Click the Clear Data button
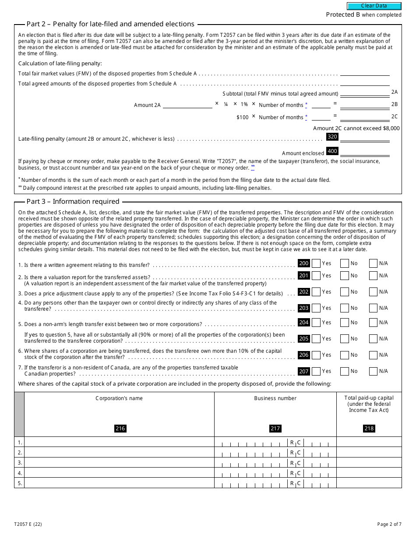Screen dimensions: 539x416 pos(374,6)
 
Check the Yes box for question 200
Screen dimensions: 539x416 pos(316,263)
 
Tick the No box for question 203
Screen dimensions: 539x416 pos(345,308)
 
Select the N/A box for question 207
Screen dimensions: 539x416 pos(373,371)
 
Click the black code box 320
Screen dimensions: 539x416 pos(332,137)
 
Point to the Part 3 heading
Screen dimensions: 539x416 pos(73,202)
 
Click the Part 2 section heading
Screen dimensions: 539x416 pos(110,24)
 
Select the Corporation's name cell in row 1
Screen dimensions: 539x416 pos(119,442)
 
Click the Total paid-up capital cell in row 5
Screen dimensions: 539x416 pos(369,483)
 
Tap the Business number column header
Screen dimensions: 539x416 pos(275,398)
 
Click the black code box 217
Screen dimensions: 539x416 pos(275,429)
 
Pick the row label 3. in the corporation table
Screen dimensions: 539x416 pos(20,463)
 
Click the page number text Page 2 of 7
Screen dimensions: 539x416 pos(389,524)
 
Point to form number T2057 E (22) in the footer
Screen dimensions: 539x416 pos(28,524)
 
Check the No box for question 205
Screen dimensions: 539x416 pos(345,339)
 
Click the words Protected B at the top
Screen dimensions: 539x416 pos(343,15)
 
